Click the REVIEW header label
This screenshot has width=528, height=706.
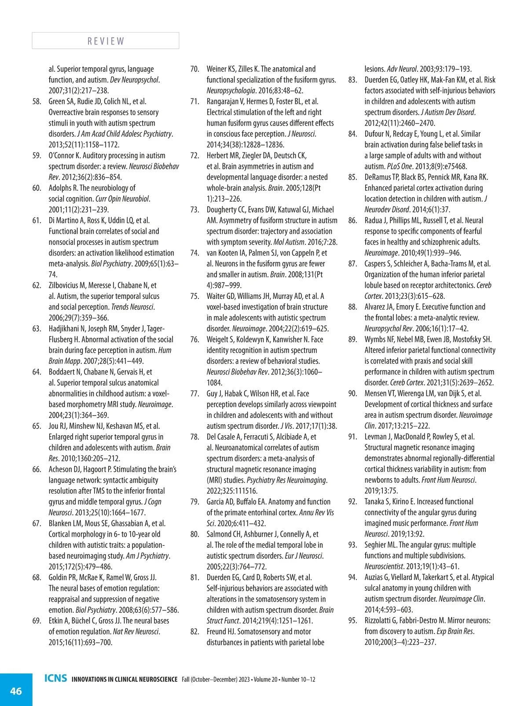coord(106,41)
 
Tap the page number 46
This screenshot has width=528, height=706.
coord(16,691)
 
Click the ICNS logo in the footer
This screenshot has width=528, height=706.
coord(56,678)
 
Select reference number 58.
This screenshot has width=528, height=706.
coord(37,102)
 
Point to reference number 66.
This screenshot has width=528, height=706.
coord(37,469)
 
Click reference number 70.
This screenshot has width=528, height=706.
coord(194,69)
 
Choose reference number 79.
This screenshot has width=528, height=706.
coord(194,502)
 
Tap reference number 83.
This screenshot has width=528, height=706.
coord(352,80)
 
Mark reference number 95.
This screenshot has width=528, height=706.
coord(352,621)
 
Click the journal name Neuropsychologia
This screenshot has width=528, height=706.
coord(231,91)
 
